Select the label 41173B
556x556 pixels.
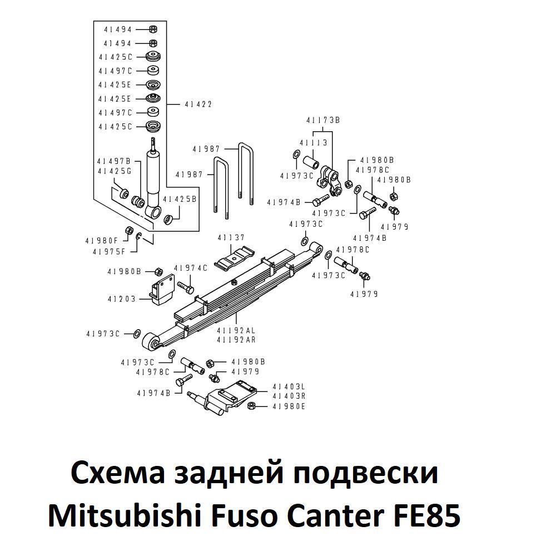(x=322, y=120)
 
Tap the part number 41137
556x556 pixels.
(x=231, y=238)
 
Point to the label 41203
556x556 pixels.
(x=122, y=299)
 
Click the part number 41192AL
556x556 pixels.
(x=236, y=331)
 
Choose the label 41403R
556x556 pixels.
(x=289, y=396)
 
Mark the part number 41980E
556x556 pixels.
(x=289, y=406)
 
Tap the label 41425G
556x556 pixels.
(x=114, y=171)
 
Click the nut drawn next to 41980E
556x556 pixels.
(x=251, y=406)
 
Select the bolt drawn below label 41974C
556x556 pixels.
(x=185, y=287)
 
